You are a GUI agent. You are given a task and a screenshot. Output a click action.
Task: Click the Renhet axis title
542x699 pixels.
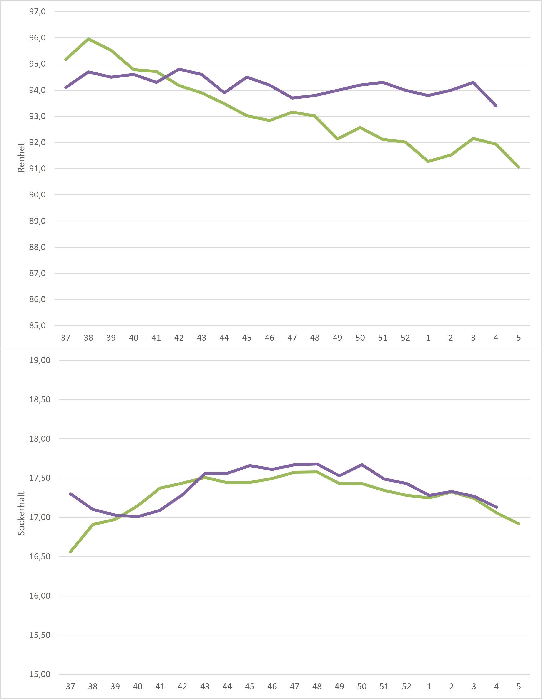[x=21, y=157]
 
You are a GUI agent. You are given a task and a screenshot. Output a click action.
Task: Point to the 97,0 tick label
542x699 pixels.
[x=38, y=12]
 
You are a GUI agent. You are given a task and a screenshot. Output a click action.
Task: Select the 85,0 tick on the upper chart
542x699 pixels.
[x=38, y=326]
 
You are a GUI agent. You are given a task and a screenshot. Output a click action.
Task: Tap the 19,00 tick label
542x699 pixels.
[x=40, y=360]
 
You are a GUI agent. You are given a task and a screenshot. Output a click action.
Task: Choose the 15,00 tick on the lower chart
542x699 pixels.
[x=40, y=674]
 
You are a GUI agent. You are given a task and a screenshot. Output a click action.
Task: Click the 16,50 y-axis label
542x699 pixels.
[x=40, y=557]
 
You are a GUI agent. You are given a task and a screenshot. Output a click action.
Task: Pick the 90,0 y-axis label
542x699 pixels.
[x=38, y=195]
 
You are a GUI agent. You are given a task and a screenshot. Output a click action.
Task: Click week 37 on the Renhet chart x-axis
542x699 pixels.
[x=66, y=338]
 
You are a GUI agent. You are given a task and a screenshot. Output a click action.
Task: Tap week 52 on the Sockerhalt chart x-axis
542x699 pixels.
[x=406, y=686]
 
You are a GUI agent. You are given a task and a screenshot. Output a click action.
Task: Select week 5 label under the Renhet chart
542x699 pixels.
[x=519, y=338]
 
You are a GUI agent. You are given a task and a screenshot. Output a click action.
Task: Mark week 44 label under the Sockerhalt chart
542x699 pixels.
[x=227, y=686]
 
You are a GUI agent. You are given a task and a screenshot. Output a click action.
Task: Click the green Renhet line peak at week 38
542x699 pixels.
[x=88, y=39]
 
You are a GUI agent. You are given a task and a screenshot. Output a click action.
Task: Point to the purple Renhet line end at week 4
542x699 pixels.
[x=496, y=106]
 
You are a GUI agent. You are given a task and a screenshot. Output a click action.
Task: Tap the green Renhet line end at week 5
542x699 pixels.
[x=519, y=167]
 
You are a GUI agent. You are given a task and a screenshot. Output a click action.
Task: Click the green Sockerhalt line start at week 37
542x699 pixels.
[x=70, y=552]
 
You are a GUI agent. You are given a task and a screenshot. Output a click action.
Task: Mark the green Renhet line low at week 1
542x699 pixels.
[x=428, y=161]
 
